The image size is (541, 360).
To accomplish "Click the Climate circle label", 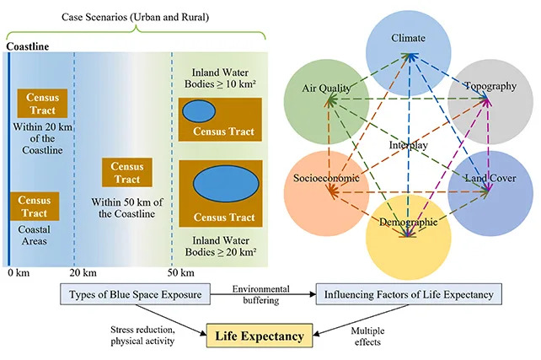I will click(410, 39).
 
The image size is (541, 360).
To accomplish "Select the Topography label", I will click(490, 86).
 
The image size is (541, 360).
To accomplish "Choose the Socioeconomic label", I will click(326, 179).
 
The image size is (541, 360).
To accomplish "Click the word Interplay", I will click(409, 145).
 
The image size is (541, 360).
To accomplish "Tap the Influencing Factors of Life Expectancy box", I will click(409, 294).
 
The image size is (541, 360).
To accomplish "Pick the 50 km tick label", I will click(180, 273).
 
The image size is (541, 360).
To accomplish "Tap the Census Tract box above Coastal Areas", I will click(35, 206).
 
